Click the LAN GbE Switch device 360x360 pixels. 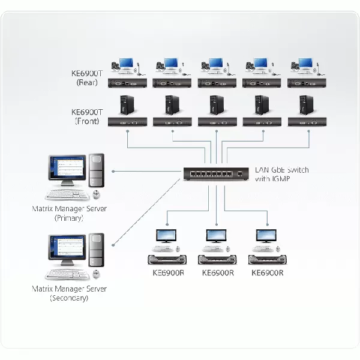tap(216, 174)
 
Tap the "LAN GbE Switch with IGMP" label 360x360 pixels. tap(282, 174)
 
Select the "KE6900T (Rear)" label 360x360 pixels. tap(87, 78)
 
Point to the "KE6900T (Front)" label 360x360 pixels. tap(87, 116)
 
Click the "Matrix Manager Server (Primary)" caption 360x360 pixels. tap(69, 213)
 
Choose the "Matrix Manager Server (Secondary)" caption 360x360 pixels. tap(69, 293)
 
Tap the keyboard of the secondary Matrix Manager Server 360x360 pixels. tap(67, 274)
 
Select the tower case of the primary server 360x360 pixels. tap(97, 170)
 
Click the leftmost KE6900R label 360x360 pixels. tap(168, 273)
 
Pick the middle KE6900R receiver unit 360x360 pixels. tap(217, 260)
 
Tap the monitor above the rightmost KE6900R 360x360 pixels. tap(266, 236)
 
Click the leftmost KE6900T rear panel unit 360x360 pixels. tap(127, 83)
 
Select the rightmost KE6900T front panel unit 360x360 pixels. tap(307, 122)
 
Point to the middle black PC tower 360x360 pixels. tap(217, 105)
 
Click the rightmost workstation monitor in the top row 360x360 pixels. tap(305, 63)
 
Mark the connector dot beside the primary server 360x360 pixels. tap(113, 171)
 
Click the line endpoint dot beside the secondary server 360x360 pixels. tap(113, 245)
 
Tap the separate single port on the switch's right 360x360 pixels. tap(240, 174)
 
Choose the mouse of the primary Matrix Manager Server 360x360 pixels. tap(97, 194)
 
